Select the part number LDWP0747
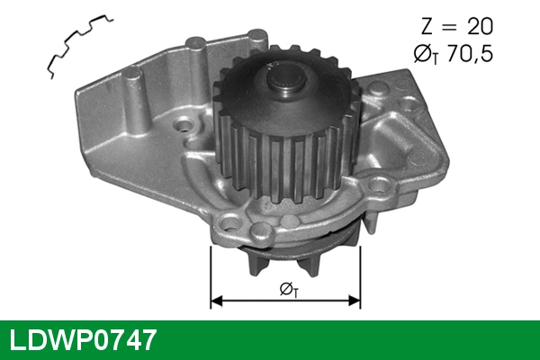84,339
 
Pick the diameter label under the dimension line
288,288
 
